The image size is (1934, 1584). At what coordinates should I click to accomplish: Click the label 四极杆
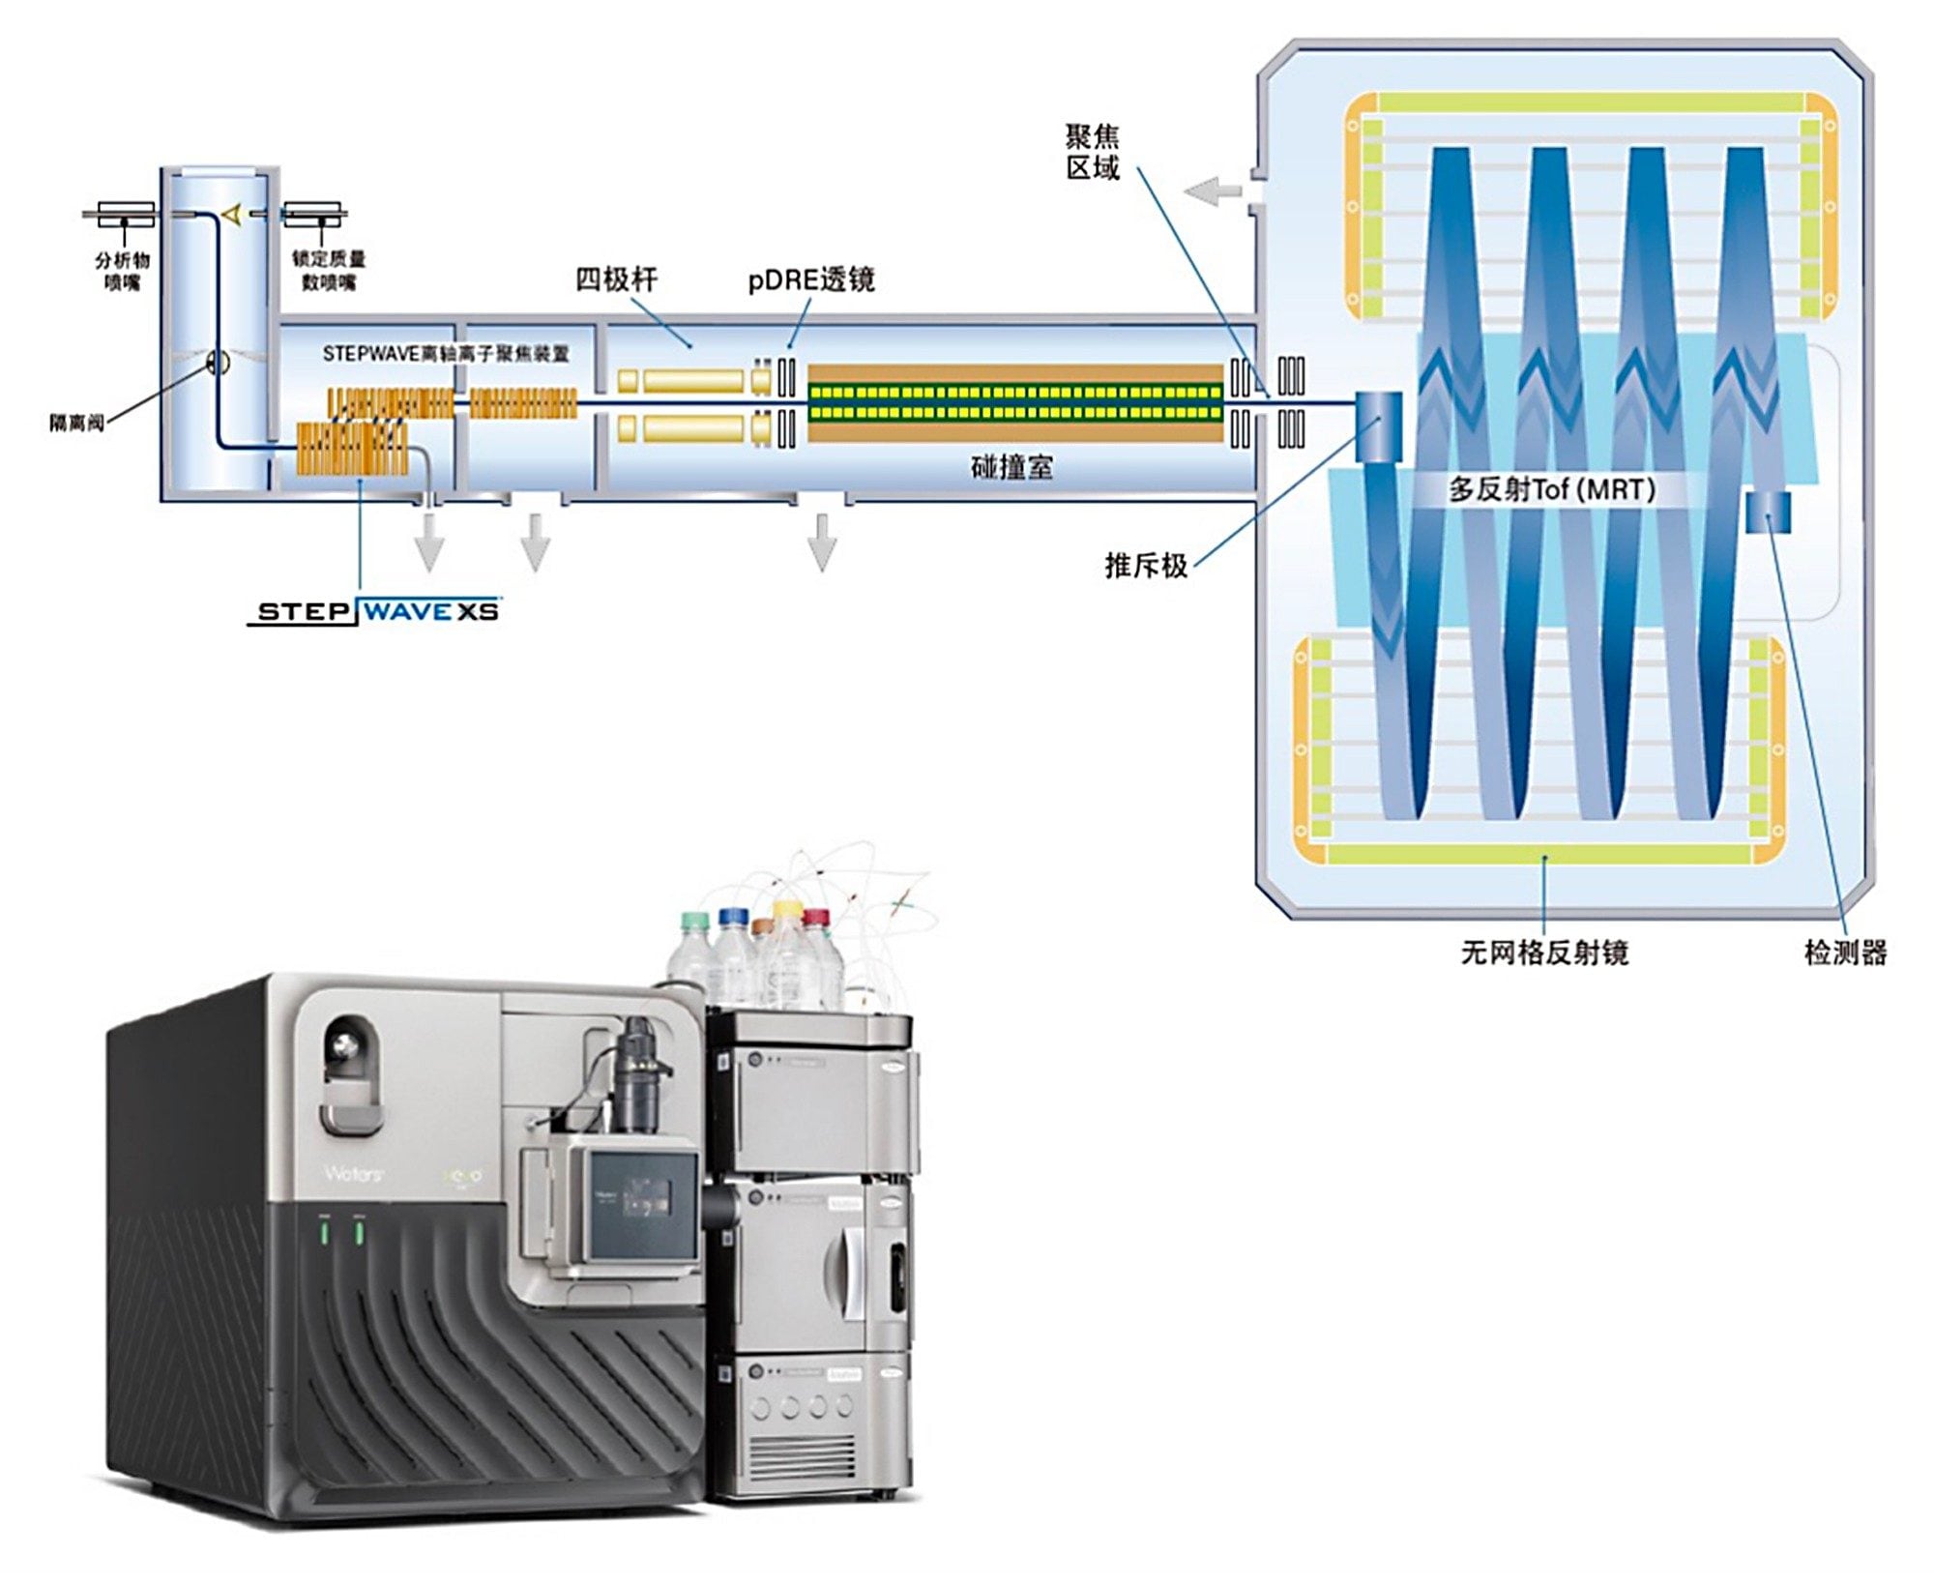point(616,279)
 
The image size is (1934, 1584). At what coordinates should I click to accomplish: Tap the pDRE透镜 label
point(811,279)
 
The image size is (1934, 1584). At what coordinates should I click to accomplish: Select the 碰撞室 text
point(1011,467)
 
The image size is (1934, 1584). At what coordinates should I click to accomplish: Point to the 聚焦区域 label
point(1093,152)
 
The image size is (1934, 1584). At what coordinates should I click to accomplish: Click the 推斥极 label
point(1146,566)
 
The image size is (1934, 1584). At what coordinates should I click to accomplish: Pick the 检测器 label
point(1845,953)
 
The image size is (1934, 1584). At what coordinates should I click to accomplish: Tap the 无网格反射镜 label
point(1544,953)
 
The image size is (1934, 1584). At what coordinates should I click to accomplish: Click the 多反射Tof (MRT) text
point(1551,489)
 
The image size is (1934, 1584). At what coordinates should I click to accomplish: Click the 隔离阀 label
point(76,423)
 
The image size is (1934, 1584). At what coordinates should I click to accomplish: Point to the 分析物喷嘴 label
point(123,271)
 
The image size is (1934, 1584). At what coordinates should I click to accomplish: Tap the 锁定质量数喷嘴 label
point(329,271)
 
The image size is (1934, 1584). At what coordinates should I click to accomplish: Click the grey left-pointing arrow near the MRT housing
point(1213,191)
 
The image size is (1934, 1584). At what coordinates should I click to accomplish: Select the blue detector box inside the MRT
point(1768,513)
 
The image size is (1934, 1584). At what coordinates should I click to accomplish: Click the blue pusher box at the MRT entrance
point(1378,425)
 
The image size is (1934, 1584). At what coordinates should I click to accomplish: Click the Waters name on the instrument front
point(353,1174)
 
